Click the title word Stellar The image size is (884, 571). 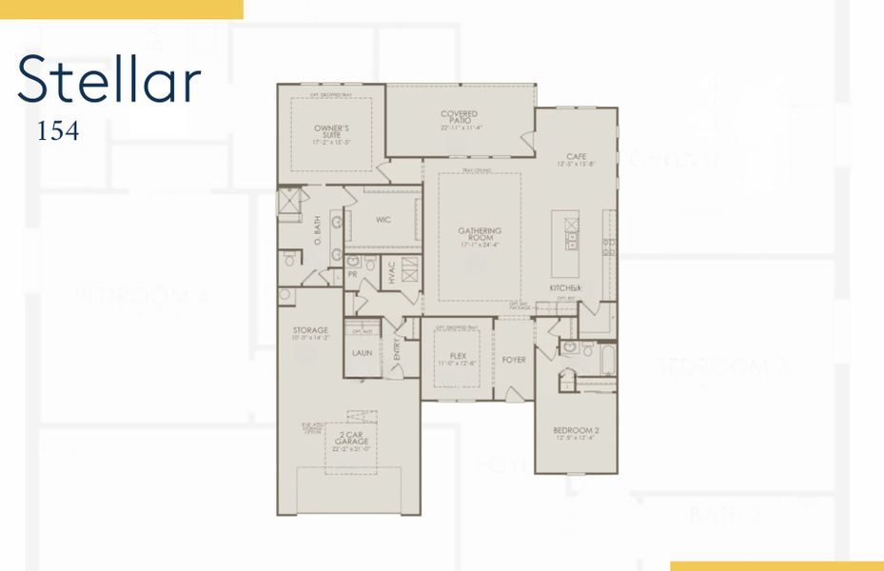pyautogui.click(x=109, y=79)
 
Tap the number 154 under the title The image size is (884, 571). pyautogui.click(x=58, y=131)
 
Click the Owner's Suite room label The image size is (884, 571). pyautogui.click(x=331, y=131)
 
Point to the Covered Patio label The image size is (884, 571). pyautogui.click(x=459, y=117)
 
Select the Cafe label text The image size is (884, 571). pyautogui.click(x=576, y=158)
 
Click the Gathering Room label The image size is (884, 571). pyautogui.click(x=480, y=234)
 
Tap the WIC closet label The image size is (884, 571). pyautogui.click(x=383, y=220)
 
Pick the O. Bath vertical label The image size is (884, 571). pyautogui.click(x=319, y=229)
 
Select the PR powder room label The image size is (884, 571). pyautogui.click(x=352, y=274)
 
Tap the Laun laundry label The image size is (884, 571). pyautogui.click(x=361, y=353)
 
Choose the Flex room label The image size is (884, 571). pyautogui.click(x=457, y=358)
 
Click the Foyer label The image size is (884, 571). pyautogui.click(x=514, y=360)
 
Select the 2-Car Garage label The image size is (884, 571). pyautogui.click(x=351, y=441)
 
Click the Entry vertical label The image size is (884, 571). pyautogui.click(x=398, y=352)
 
